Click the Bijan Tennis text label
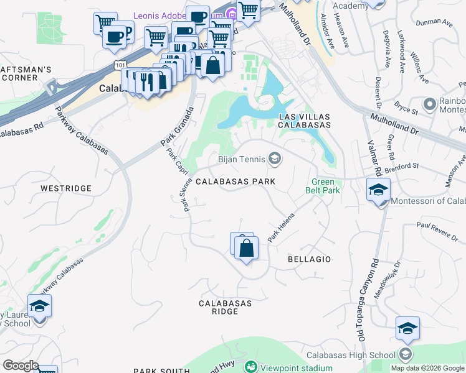240,160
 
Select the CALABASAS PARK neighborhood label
235,182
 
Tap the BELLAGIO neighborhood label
310,259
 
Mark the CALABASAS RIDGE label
225,308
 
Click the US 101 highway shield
120,65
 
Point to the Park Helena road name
280,228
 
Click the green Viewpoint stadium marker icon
251,367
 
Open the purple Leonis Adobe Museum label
181,14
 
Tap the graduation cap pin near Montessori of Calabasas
378,190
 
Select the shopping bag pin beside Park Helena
247,248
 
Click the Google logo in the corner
21,366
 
